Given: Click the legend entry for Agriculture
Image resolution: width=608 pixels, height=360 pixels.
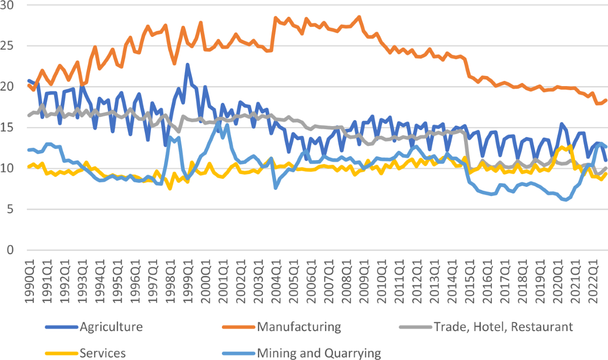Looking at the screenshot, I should pos(111,327).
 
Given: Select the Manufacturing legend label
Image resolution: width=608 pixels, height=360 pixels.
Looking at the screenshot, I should pos(299,327).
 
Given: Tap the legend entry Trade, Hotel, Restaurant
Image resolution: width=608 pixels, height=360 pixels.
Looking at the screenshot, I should pos(503,327).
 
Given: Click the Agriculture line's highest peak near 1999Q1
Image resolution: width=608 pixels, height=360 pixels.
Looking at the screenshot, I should pos(187,65).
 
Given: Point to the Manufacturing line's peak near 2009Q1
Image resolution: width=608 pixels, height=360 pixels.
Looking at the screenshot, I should pos(359,17).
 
